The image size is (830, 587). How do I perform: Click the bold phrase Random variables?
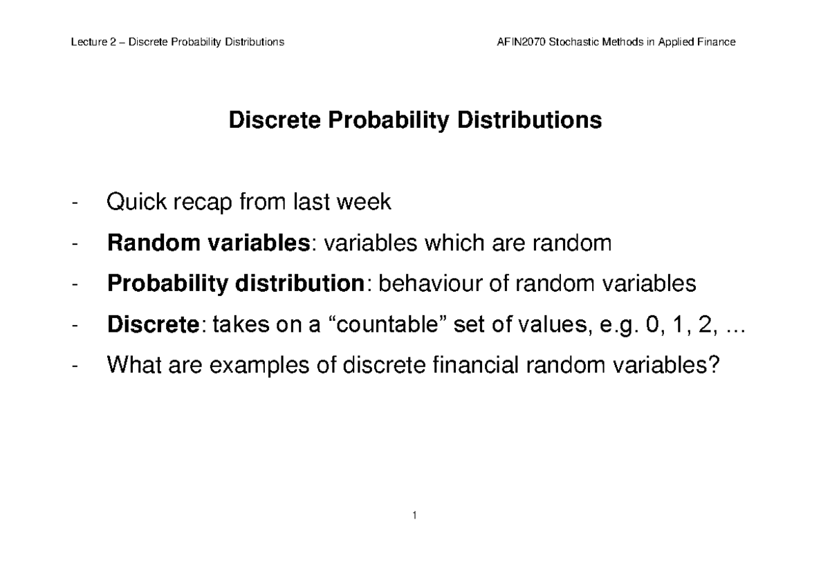[208, 243]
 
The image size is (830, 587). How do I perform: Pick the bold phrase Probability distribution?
[234, 284]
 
